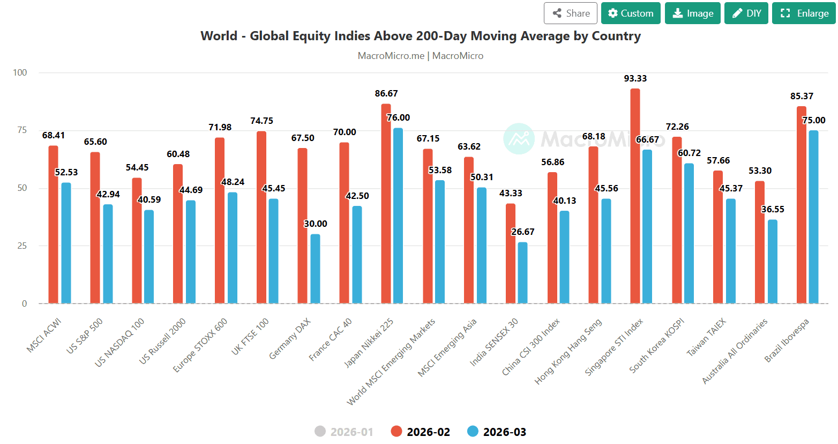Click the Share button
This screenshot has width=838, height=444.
click(x=571, y=13)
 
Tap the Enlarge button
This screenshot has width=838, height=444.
click(x=804, y=13)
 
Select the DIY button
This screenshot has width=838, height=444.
click(x=746, y=13)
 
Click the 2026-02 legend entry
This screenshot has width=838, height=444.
click(x=421, y=432)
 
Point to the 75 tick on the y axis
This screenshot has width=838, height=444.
click(x=22, y=130)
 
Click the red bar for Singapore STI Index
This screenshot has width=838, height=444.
click(x=635, y=196)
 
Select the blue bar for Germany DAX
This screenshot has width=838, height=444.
click(x=315, y=269)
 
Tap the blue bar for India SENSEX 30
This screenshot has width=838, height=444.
click(x=522, y=272)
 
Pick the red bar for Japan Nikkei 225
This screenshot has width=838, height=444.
click(x=386, y=204)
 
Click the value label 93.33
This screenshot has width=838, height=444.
click(x=635, y=79)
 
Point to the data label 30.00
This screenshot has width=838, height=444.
click(x=316, y=224)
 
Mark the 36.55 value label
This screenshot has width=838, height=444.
click(x=773, y=209)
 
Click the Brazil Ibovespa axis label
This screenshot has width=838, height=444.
click(x=787, y=341)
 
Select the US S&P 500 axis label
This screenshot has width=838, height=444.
click(x=84, y=336)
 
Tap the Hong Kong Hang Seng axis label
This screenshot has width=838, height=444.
click(x=568, y=352)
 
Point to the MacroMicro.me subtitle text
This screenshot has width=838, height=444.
click(x=391, y=56)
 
